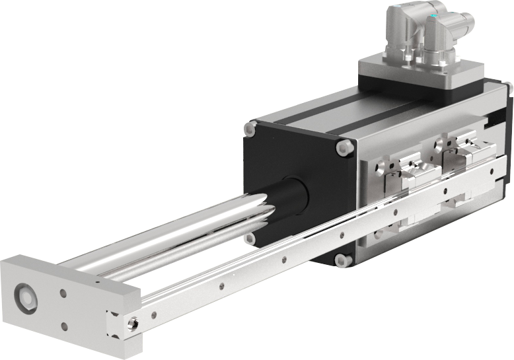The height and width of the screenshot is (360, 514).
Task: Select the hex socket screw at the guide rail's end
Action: pos(135,323)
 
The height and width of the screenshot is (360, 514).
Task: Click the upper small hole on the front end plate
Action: pos(64,293)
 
